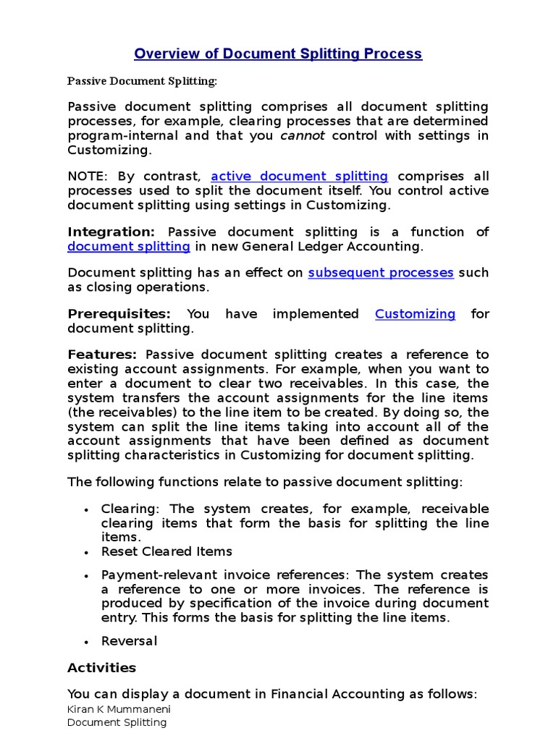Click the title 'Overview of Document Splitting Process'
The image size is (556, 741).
(278, 54)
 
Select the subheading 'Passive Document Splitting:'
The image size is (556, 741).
(142, 81)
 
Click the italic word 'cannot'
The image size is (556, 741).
(298, 135)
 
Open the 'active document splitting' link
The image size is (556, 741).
(299, 176)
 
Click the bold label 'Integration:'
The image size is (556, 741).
(111, 232)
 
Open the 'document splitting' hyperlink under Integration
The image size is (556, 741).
(129, 246)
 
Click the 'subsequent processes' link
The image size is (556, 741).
(381, 273)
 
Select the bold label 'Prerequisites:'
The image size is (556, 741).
(119, 313)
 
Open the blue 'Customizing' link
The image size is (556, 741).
(415, 313)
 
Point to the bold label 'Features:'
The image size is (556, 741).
(102, 355)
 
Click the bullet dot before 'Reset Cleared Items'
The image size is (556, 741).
(86, 552)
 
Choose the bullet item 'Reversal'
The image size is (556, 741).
(129, 641)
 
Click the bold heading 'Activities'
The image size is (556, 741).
(101, 667)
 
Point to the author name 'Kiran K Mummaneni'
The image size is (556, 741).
(119, 709)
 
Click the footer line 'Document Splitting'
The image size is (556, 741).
(117, 722)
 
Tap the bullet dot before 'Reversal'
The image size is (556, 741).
(86, 642)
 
